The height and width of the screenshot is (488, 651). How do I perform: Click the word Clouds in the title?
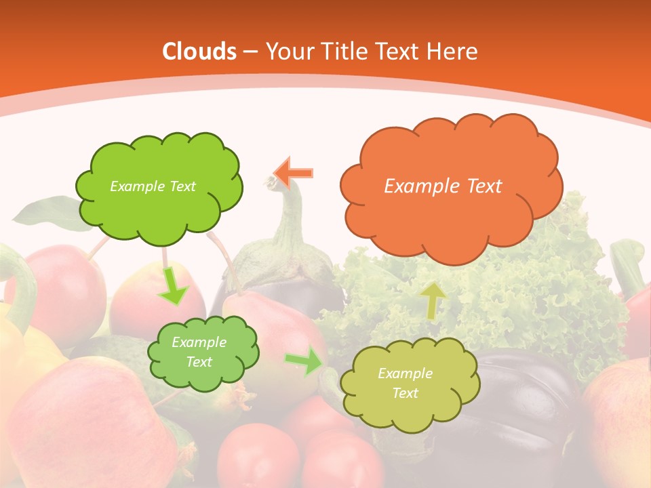click(199, 52)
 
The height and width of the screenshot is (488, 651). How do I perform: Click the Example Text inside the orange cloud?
click(443, 186)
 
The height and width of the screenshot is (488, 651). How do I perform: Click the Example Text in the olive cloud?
click(405, 383)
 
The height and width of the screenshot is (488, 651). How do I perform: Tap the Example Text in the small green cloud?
click(199, 352)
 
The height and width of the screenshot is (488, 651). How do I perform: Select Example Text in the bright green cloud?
click(153, 186)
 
